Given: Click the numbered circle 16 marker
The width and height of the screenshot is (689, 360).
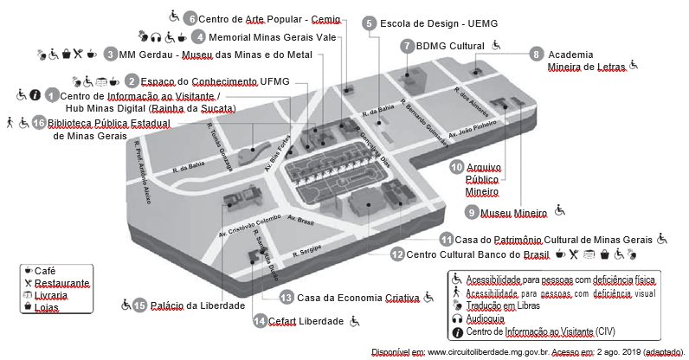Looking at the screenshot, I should coord(38,123).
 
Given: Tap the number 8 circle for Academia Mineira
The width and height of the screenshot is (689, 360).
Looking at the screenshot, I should coord(537,54).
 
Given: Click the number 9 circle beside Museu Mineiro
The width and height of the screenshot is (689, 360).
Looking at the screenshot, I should coord(472,211).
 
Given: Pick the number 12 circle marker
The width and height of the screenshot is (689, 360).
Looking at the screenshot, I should coord(396,254).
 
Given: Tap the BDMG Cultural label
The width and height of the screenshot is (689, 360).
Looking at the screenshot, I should coord(450,45).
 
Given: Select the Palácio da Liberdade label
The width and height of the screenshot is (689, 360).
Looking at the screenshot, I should coord(196,305).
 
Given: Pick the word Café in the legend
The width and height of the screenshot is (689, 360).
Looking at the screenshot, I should coord(45,270).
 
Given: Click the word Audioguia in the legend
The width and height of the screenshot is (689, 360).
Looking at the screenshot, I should coord(489,318).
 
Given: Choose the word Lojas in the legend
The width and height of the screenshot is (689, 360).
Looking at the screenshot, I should coord(47,307).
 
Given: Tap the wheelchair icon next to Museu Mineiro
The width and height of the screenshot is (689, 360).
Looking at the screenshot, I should coord(560,209).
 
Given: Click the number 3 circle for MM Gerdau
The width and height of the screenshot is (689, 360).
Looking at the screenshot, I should coord(112,54).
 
